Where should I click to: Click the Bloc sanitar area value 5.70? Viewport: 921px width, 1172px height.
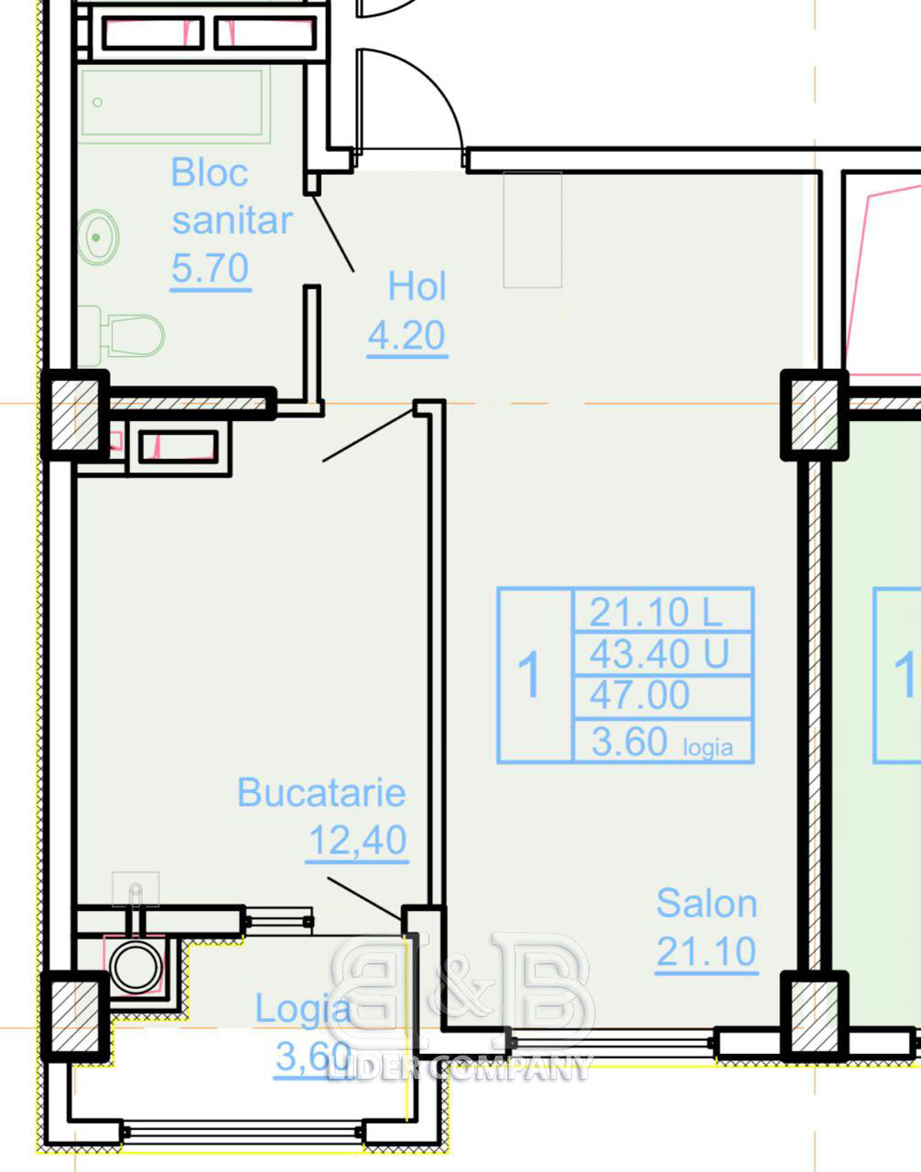(210, 267)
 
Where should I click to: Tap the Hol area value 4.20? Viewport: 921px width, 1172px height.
(406, 334)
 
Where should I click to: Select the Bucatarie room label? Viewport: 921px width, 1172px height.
(321, 792)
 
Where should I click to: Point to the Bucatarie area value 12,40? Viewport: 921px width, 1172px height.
(358, 840)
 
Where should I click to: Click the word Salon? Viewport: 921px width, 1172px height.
(707, 904)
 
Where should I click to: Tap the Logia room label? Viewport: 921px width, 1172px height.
(303, 1008)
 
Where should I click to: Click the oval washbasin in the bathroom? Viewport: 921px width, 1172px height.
(98, 237)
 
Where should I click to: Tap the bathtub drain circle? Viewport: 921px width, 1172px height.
(98, 102)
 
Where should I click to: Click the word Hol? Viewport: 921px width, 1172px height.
(417, 287)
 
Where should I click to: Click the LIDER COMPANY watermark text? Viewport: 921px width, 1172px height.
(460, 1068)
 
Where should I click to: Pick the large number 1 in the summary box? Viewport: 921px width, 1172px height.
(529, 674)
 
